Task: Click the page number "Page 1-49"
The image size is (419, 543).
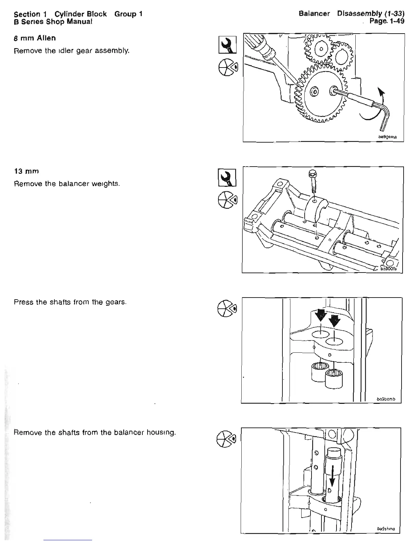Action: point(387,21)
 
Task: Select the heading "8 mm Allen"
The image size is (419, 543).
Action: point(35,38)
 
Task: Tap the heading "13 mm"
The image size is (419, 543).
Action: point(26,171)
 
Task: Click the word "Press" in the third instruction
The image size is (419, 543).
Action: point(24,302)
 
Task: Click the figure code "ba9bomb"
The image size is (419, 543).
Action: point(386,399)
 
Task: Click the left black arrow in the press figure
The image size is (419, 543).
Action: point(320,313)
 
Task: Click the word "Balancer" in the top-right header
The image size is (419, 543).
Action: point(314,14)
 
